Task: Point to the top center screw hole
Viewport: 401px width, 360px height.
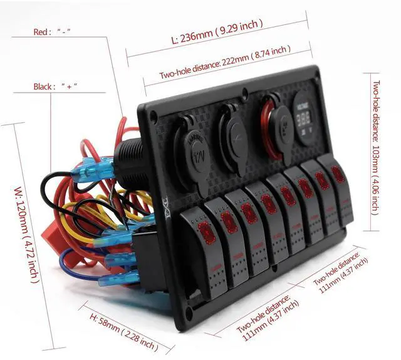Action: pos(244,97)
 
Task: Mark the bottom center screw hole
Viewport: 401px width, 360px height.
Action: pos(273,271)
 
